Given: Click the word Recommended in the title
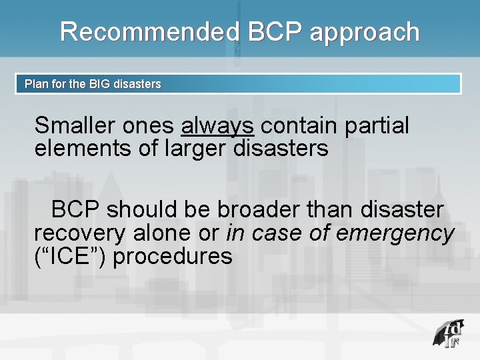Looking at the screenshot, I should pos(149,32).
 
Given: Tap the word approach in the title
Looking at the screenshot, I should pos(365,32).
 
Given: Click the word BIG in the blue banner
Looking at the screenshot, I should pos(101,85).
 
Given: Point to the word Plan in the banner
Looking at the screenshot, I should pos(36,85).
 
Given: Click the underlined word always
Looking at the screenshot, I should pos(217,125).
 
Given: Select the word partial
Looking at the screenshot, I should pos(378,125).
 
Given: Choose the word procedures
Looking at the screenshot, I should pos(173,256).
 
